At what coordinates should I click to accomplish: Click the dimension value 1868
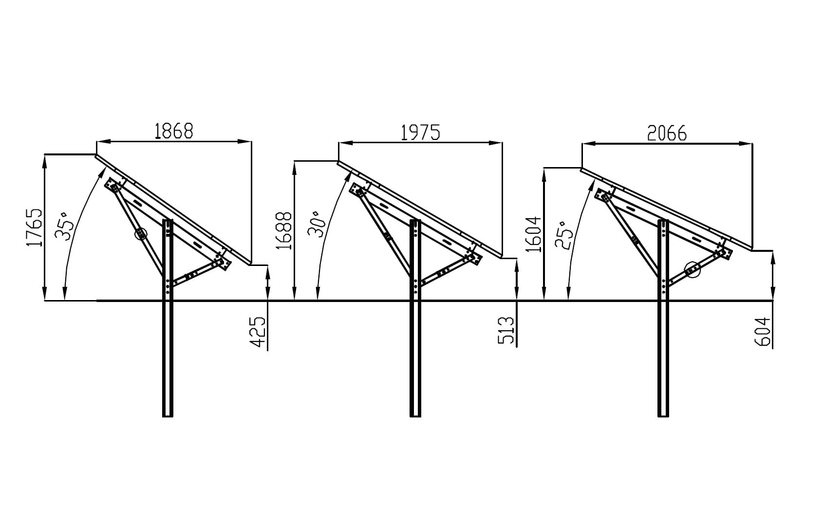174,131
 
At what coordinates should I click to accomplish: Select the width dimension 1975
420,132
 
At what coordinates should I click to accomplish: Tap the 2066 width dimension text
667,133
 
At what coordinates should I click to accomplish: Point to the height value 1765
34,227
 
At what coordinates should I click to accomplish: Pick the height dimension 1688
284,231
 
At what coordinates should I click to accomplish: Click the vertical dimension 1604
533,234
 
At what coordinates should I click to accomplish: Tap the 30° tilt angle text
317,224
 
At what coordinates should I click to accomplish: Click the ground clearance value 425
258,332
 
